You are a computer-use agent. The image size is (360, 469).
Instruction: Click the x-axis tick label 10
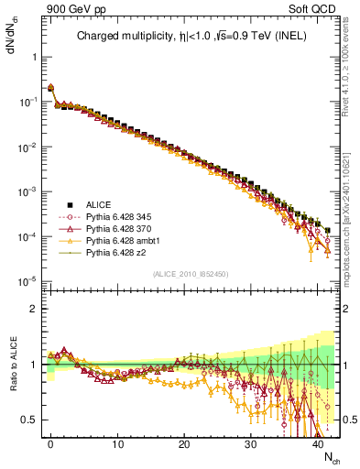117,444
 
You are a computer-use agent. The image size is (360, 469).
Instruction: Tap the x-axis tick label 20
184,444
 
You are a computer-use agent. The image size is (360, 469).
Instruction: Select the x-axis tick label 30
251,444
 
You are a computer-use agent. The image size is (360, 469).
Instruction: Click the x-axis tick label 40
318,444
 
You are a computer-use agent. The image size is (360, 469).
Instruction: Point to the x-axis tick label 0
50,444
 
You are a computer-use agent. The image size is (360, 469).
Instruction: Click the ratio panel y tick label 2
33,309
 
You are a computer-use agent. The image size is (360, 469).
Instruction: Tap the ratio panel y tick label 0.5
29,420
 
